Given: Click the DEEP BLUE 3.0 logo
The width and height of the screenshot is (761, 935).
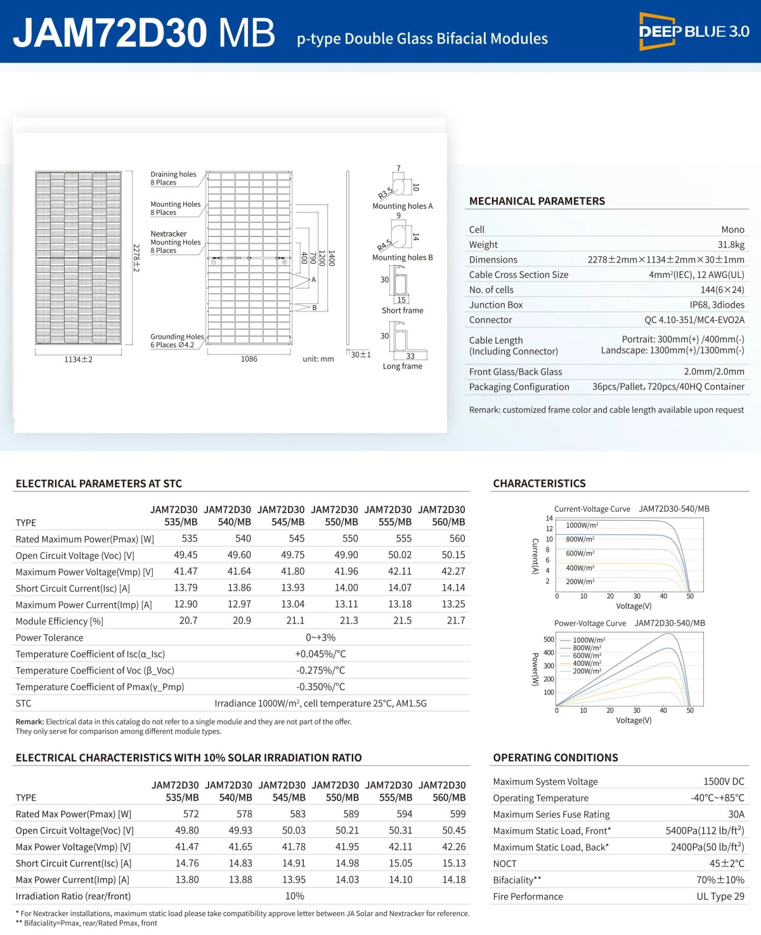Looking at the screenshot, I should (x=694, y=31).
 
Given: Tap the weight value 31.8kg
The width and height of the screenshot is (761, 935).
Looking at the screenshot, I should (x=731, y=245).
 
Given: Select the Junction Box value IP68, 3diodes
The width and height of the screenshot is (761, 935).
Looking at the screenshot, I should (x=717, y=305).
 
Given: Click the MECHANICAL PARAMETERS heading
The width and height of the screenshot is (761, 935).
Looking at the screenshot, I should (x=537, y=201).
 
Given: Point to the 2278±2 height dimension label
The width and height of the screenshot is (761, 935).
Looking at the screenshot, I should (x=136, y=258).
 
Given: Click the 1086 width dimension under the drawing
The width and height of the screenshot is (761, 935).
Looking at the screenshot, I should (x=249, y=359).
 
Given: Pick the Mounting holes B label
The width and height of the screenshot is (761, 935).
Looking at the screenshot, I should (x=402, y=258).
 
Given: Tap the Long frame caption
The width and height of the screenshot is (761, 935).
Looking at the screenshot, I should (x=402, y=366).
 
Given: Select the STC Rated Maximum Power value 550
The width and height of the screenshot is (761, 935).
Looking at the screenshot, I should (x=350, y=539).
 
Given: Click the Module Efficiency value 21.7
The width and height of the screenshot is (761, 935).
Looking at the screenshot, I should (x=455, y=621).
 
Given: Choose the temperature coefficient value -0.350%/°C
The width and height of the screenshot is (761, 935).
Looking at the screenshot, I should (x=320, y=687).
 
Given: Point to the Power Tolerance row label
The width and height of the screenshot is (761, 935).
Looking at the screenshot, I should (x=49, y=637).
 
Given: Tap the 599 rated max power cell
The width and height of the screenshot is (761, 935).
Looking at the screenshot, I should (x=457, y=814).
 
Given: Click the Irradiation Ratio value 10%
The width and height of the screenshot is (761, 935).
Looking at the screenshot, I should (x=294, y=896).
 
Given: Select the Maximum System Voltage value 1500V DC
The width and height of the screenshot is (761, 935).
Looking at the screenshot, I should (x=724, y=781).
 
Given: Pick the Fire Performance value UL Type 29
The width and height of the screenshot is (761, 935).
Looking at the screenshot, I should (x=720, y=896).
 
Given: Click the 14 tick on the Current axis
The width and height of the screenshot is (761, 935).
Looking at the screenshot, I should (x=549, y=518).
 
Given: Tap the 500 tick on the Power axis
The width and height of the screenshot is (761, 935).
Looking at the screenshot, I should (x=549, y=639).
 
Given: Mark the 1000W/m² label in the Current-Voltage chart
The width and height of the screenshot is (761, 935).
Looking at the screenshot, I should (x=582, y=525).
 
